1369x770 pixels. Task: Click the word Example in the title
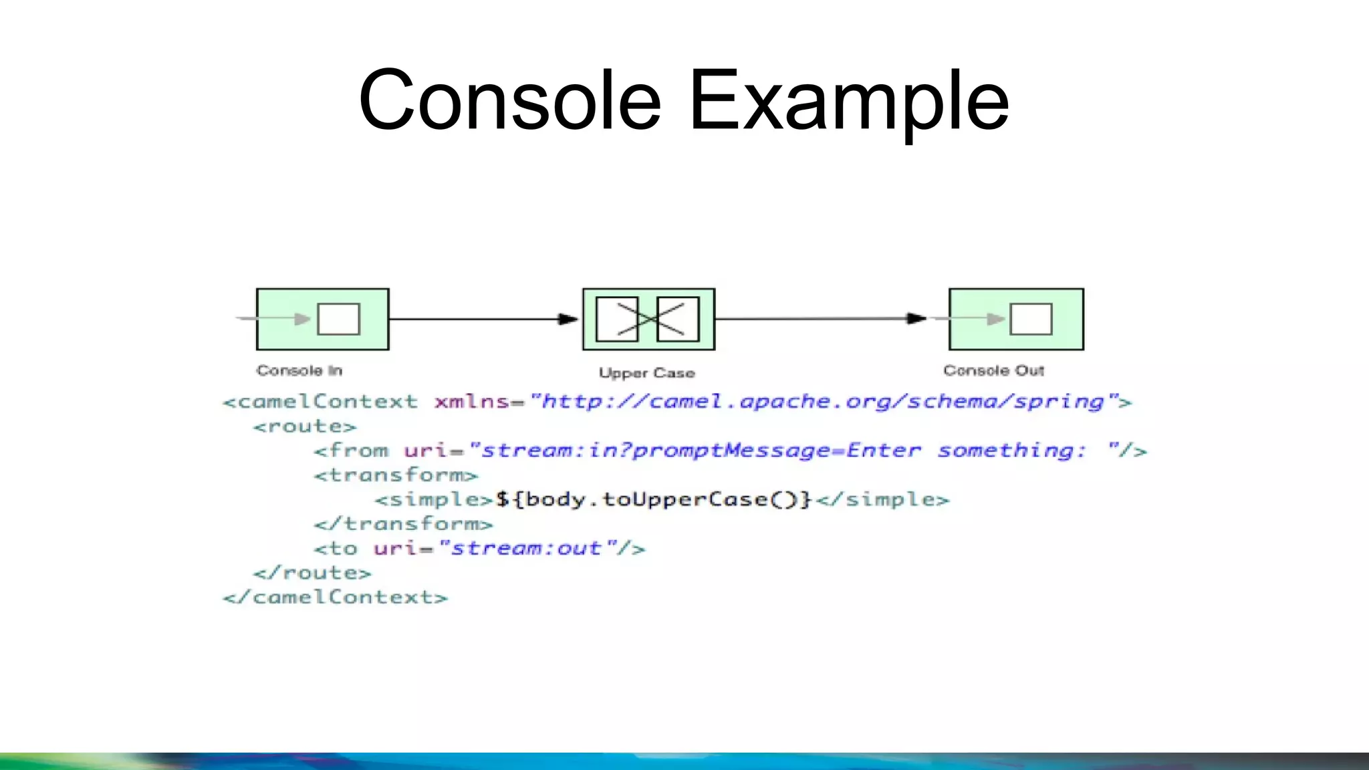click(848, 100)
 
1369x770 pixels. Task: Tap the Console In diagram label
click(299, 370)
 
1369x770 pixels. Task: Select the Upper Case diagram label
click(646, 373)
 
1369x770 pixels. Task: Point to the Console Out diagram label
click(993, 370)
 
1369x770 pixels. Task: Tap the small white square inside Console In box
click(338, 319)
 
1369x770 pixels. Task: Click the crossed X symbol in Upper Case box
click(648, 319)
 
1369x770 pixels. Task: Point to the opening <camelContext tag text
click(320, 402)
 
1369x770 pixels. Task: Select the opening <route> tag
click(305, 426)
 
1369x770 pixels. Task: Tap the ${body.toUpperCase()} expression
click(653, 499)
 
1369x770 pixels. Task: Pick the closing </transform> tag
click(403, 524)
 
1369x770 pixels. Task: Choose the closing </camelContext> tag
click(335, 597)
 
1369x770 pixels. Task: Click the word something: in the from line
click(1011, 451)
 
